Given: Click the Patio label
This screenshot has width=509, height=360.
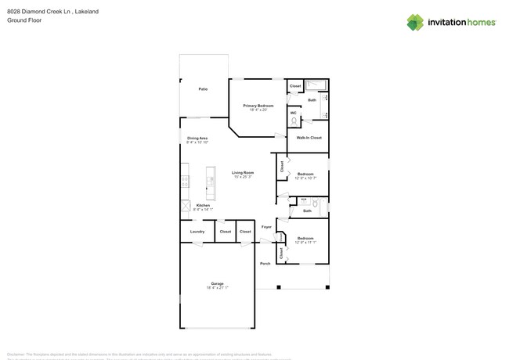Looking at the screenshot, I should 203,89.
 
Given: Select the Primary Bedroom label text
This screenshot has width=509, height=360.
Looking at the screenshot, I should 258,106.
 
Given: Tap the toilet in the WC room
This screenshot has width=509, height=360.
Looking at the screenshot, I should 294,121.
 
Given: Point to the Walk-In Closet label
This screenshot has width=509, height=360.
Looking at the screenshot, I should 309,138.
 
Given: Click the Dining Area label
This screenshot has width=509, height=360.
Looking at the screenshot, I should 197,139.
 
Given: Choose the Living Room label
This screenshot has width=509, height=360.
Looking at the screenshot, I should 243,173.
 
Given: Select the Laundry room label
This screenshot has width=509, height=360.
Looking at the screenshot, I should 197,232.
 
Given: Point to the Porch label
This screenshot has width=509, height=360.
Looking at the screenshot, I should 265,264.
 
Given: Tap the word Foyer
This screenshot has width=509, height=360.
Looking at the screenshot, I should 266,227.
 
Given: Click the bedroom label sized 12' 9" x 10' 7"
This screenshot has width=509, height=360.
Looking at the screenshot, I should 305,175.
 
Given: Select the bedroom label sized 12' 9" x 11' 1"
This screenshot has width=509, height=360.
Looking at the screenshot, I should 305,239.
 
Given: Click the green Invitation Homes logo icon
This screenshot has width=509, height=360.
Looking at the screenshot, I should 415,23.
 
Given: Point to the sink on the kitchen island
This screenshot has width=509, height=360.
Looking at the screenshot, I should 211,182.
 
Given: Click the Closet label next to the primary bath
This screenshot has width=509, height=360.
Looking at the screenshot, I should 295,86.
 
